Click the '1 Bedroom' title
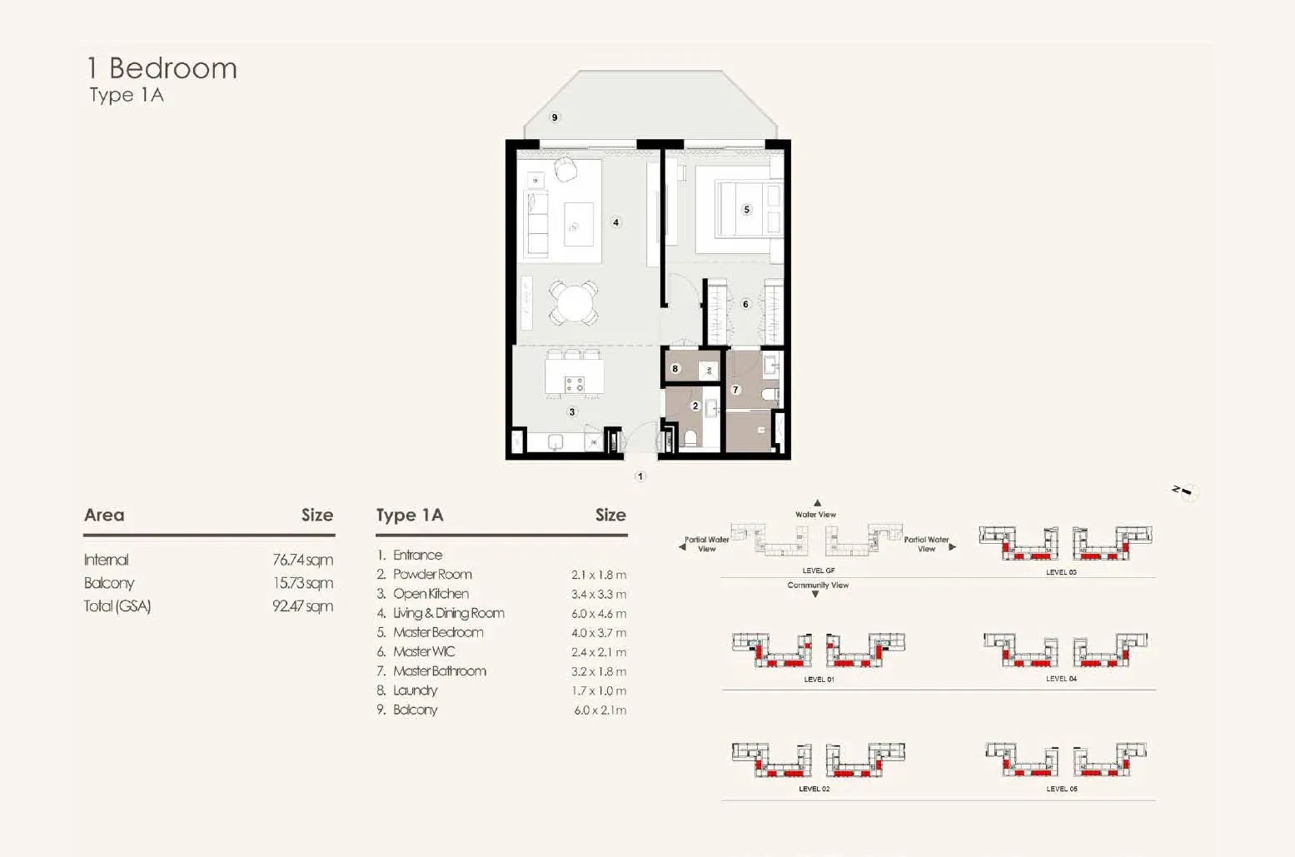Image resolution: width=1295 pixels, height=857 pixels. pyautogui.click(x=162, y=68)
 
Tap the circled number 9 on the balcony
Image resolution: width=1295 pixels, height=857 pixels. pyautogui.click(x=555, y=117)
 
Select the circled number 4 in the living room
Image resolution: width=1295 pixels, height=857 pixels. pyautogui.click(x=615, y=222)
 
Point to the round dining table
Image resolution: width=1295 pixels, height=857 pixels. pyautogui.click(x=573, y=302)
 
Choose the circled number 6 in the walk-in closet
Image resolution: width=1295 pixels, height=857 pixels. pyautogui.click(x=745, y=304)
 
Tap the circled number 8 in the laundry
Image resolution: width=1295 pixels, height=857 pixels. pyautogui.click(x=675, y=368)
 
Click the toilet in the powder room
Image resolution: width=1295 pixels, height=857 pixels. pyautogui.click(x=690, y=438)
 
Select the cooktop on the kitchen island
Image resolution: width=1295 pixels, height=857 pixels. pyautogui.click(x=575, y=384)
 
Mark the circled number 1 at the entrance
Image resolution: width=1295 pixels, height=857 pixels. pyautogui.click(x=640, y=476)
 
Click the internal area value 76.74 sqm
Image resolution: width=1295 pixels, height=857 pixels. pyautogui.click(x=302, y=560)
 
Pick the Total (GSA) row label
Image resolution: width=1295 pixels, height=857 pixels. pyautogui.click(x=117, y=606)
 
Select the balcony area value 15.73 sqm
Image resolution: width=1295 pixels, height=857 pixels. pyautogui.click(x=303, y=583)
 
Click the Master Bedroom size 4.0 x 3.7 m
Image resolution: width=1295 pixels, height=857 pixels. pyautogui.click(x=598, y=633)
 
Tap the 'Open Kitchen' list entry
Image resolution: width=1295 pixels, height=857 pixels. pyautogui.click(x=431, y=594)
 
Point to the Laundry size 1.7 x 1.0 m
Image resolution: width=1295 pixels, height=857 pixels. pyautogui.click(x=599, y=691)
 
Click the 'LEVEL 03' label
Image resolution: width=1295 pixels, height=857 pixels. pyautogui.click(x=1061, y=572)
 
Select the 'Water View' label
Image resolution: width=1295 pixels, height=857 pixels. pyautogui.click(x=815, y=514)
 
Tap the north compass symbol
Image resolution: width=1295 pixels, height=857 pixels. pyautogui.click(x=1186, y=492)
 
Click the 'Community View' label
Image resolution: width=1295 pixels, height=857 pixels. pyautogui.click(x=818, y=585)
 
